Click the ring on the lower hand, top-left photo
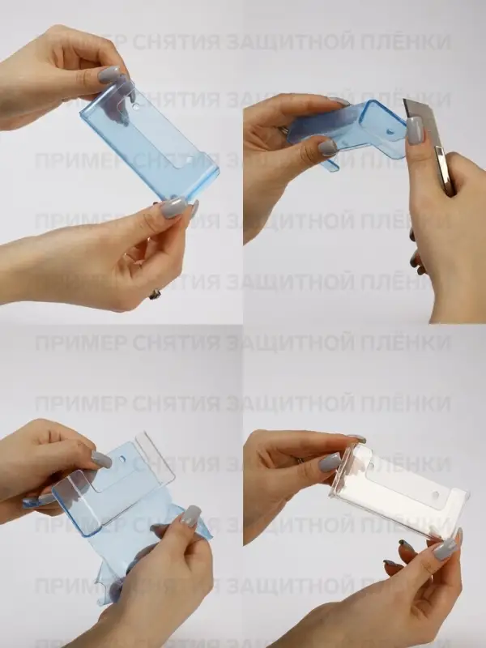[155, 294]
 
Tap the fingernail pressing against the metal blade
[415, 130]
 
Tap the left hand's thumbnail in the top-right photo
[327, 147]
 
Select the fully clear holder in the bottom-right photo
[397, 490]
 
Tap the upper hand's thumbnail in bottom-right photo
[330, 463]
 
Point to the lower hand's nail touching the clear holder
[445, 549]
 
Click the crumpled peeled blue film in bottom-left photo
[122, 567]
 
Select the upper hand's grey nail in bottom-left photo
[101, 459]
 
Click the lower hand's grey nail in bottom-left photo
[190, 516]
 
